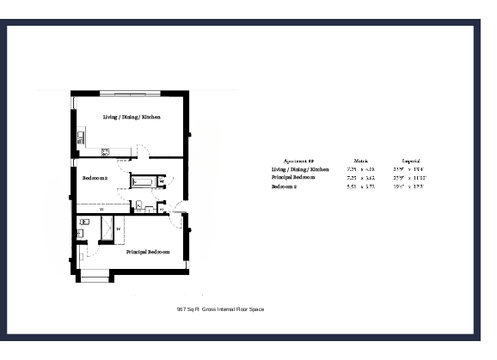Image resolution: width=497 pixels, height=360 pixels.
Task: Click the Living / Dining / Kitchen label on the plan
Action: click(132, 116)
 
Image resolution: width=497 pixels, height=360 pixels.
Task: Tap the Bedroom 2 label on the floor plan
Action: click(95, 178)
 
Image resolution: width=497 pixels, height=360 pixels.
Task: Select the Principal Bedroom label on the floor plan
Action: click(147, 252)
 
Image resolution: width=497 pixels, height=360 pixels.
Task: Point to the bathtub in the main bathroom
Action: click(143, 182)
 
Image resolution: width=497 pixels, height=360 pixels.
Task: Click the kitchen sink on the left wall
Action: click(80, 135)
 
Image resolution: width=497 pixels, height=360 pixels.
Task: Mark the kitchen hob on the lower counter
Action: click(106, 153)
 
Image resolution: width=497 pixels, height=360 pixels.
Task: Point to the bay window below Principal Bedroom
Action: click(94, 278)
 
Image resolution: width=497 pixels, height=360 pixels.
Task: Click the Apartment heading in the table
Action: click(298, 161)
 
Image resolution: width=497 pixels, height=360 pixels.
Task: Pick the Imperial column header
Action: click(410, 161)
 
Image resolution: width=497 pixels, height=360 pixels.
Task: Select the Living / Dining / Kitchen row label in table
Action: click(300, 169)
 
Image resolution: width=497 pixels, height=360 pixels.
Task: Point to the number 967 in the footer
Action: click(181, 308)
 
